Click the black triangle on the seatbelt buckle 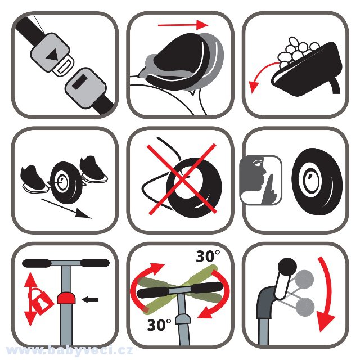52,55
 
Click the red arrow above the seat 183,25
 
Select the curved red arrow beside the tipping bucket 262,76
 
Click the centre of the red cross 182,179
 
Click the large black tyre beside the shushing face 317,181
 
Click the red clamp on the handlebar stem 66,298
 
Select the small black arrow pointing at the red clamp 90,299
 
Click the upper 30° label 208,256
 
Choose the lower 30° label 159,325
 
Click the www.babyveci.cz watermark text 69,350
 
